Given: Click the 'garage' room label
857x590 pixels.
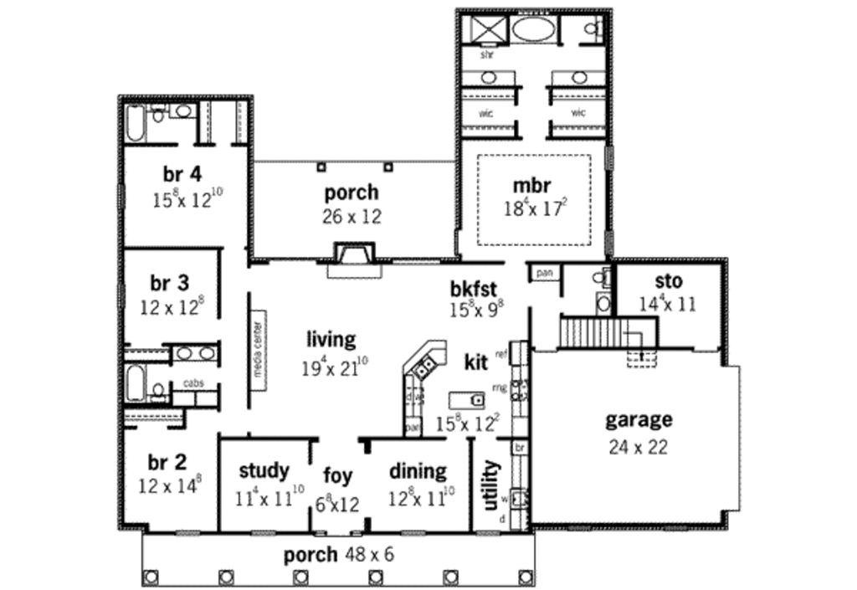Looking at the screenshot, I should point(639,419).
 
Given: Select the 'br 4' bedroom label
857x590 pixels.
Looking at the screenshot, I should point(182,174).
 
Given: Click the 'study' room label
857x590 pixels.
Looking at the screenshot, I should point(264,470).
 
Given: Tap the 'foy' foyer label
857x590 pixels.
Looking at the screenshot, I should point(338,476).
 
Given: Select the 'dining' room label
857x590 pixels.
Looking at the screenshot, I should point(418,471).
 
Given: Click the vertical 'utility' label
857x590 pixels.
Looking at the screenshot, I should point(490,485).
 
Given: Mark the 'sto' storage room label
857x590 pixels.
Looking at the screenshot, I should point(668,280).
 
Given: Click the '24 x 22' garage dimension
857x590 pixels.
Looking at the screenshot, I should point(638,447).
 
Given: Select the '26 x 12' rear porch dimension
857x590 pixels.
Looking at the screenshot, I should point(352,217).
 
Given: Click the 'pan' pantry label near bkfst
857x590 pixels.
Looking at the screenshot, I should point(542,274).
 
